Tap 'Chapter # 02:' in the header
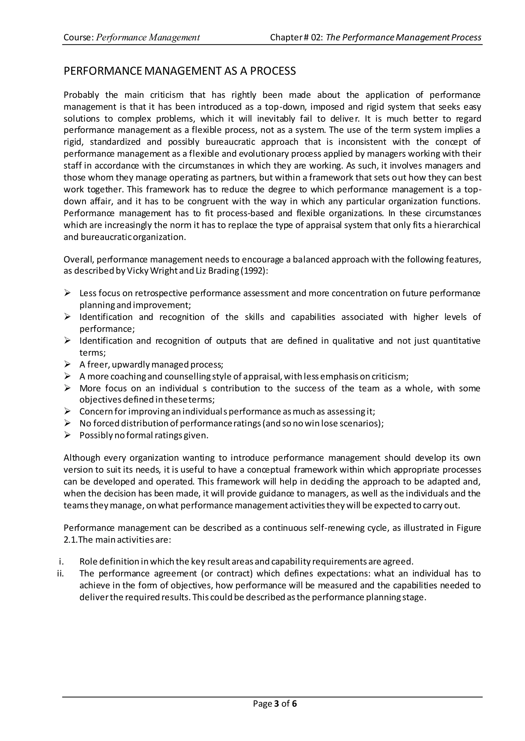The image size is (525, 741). point(296,37)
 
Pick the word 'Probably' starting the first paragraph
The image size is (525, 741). point(82,95)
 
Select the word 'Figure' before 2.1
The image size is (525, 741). point(469,528)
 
